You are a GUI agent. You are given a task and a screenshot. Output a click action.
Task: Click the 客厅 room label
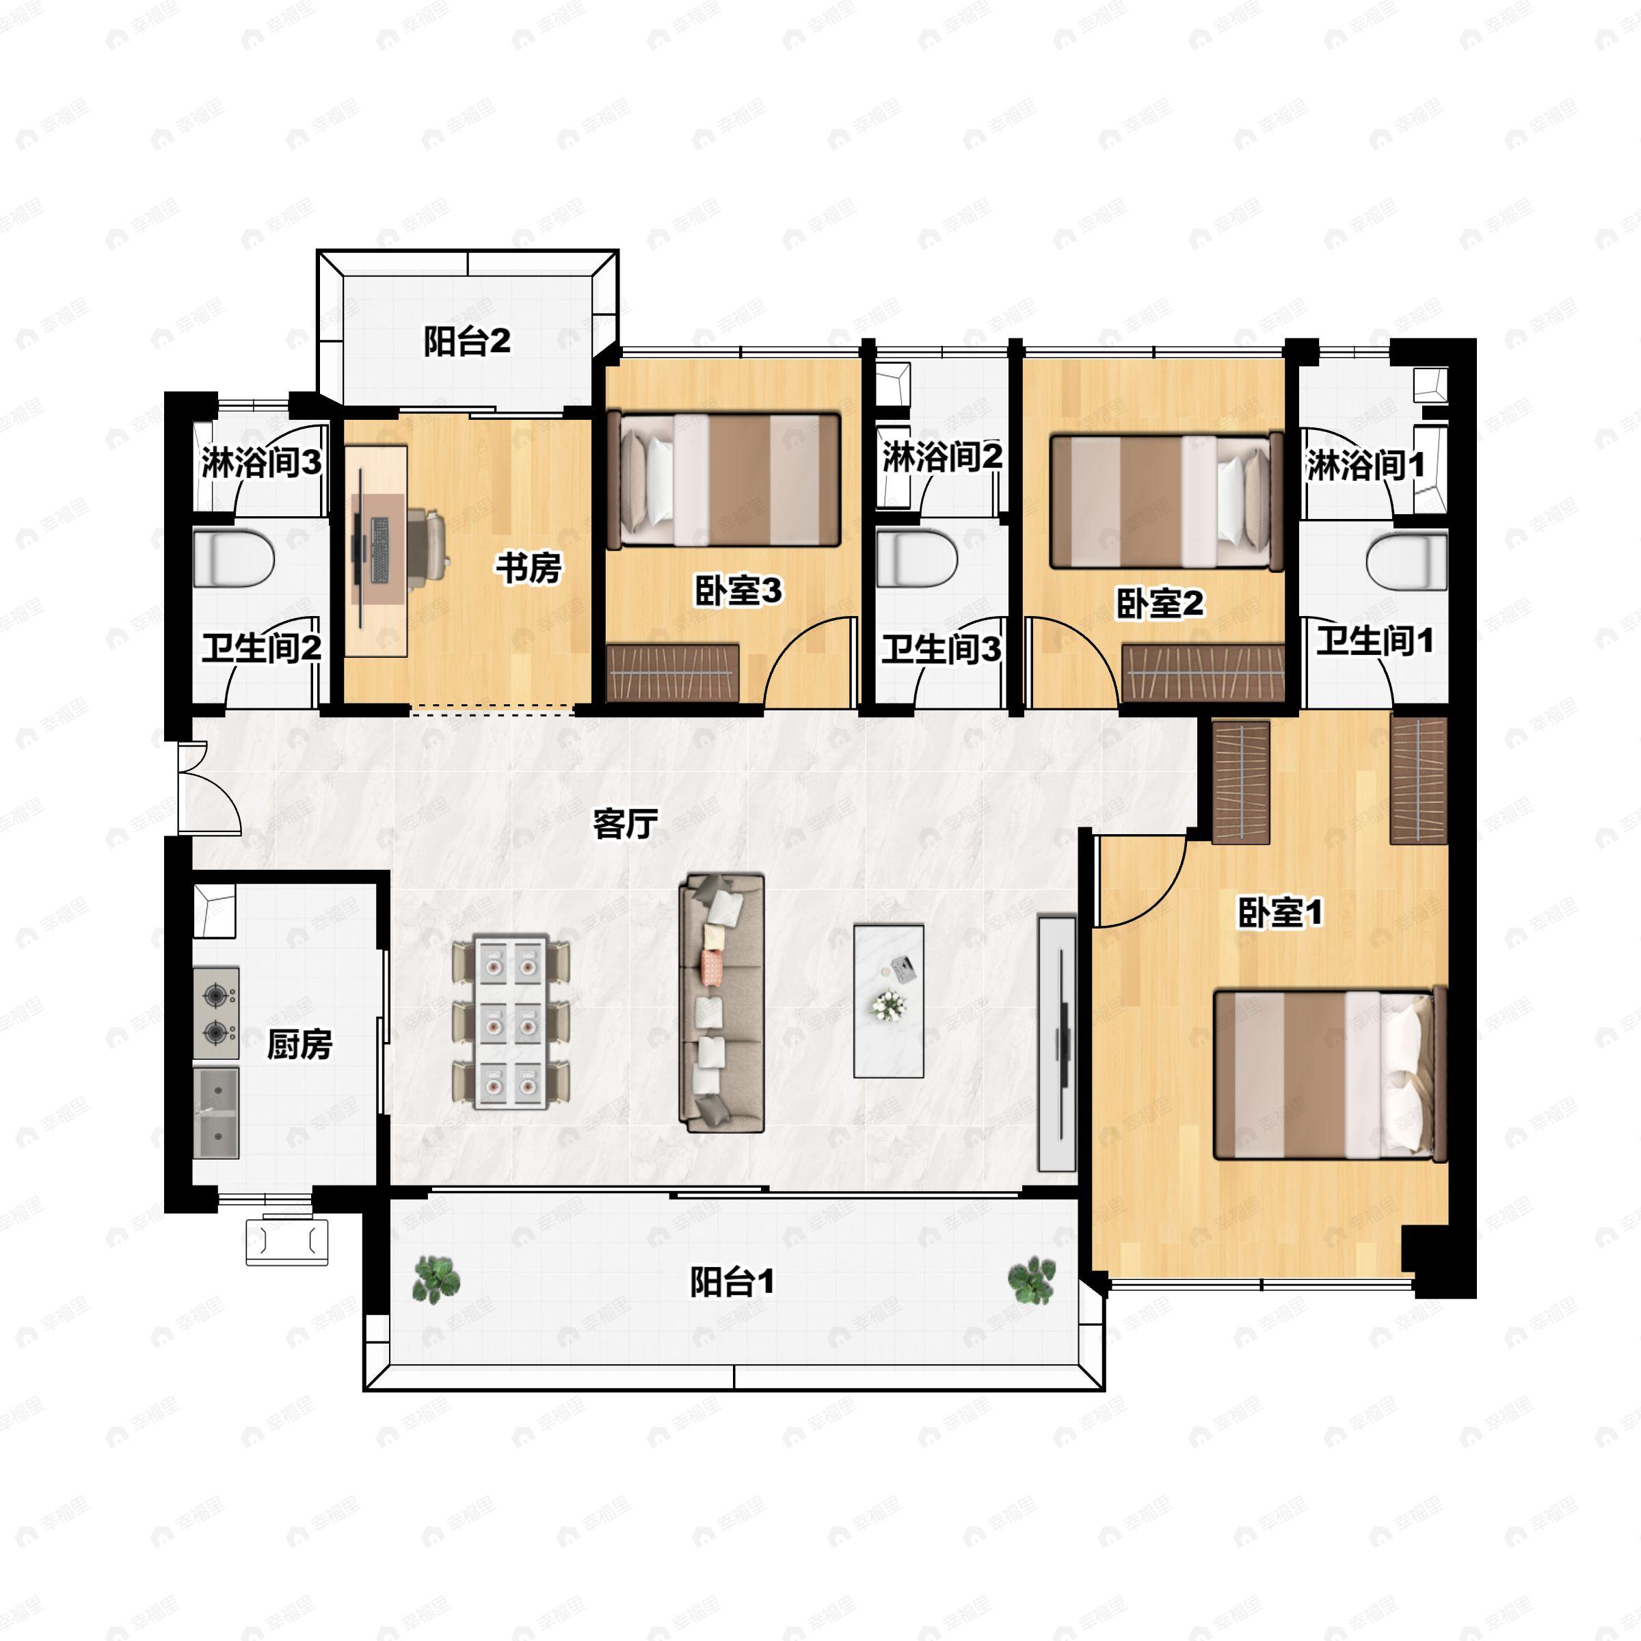(x=625, y=823)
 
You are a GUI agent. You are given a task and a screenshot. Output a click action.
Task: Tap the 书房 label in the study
(x=529, y=568)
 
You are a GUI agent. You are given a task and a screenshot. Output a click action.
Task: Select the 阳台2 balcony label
(x=467, y=341)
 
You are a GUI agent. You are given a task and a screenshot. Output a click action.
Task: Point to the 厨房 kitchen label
(x=299, y=1045)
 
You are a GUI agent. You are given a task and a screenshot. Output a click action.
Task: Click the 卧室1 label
(x=1280, y=913)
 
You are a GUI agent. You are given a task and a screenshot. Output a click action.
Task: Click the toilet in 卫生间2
(x=234, y=559)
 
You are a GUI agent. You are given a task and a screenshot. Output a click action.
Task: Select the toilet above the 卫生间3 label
(x=918, y=559)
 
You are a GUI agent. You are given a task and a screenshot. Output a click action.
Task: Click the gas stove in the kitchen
(x=217, y=1013)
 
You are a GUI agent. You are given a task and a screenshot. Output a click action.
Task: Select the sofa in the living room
(x=722, y=1003)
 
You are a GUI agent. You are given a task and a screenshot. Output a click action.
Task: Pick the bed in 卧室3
(x=730, y=480)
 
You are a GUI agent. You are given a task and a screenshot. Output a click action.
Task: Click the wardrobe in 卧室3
(x=673, y=673)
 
